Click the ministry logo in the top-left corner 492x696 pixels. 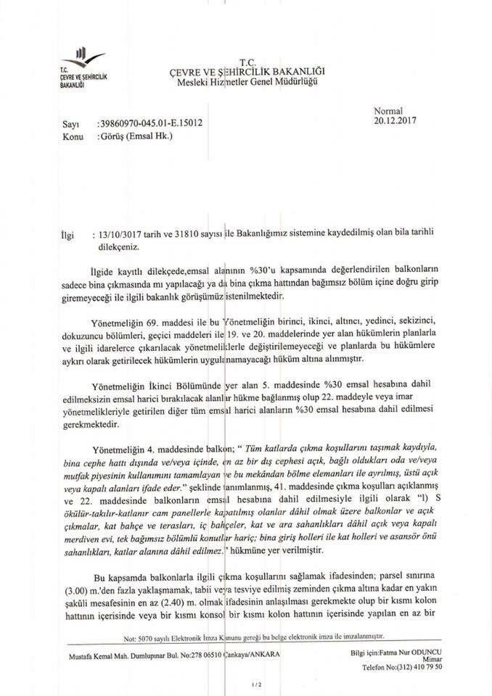tap(81, 64)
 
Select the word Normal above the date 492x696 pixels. tap(388, 110)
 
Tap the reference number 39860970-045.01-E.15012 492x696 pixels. tap(149, 124)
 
